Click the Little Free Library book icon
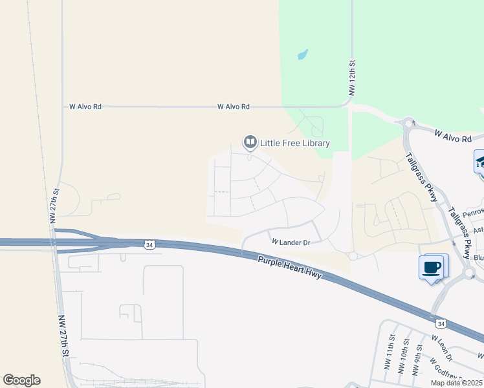coord(250,142)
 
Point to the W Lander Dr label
coord(291,242)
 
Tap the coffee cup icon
coord(432,266)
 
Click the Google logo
coord(21,380)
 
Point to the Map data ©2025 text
coord(457,383)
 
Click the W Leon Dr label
coord(444,348)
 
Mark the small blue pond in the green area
coord(302,55)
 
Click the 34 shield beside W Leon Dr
coord(441,323)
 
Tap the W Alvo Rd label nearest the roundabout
coord(453,137)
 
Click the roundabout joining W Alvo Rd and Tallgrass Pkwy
coord(408,122)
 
